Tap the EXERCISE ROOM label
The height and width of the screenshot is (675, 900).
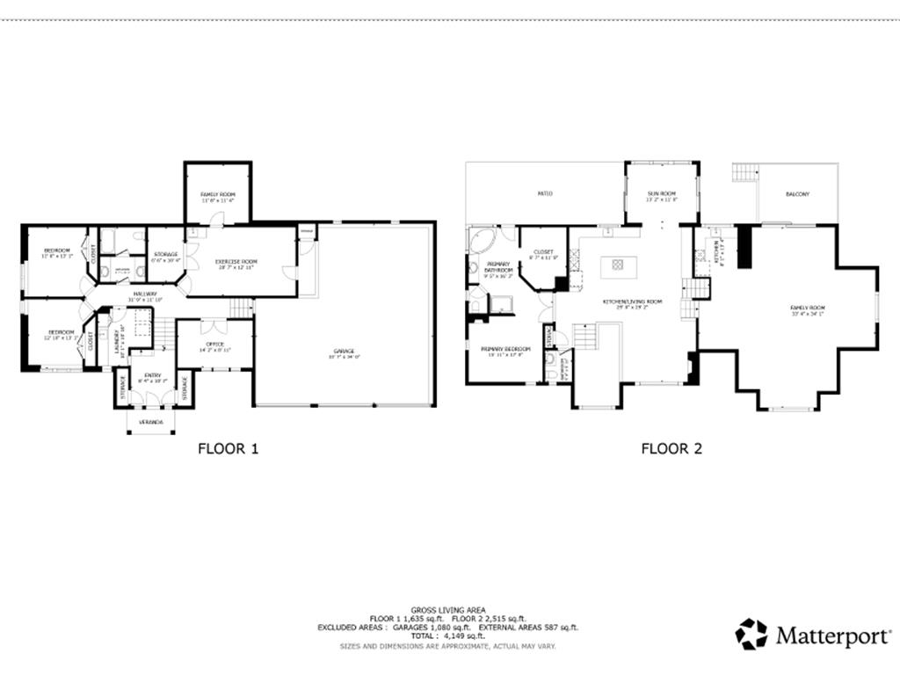(x=236, y=261)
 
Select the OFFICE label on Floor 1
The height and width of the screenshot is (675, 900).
(x=214, y=344)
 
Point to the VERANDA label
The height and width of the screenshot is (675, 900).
(x=150, y=421)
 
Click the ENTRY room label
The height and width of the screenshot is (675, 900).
(x=150, y=374)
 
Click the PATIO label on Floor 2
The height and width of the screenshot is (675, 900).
(x=545, y=193)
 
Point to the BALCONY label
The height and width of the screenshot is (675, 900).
(x=797, y=194)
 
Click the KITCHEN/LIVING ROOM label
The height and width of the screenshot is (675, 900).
(x=632, y=302)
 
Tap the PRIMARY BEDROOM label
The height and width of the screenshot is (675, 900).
(x=505, y=349)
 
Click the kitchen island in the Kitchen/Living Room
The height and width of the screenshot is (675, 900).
(x=617, y=263)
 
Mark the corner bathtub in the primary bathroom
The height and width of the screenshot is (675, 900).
(x=482, y=241)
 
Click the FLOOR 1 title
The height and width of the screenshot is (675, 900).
(x=228, y=448)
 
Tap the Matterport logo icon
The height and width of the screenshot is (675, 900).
(x=751, y=634)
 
